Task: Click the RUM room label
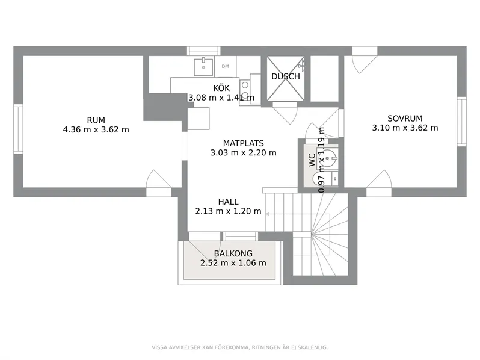tap(96, 120)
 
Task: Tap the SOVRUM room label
tap(405, 118)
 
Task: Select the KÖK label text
tap(221, 88)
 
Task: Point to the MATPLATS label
tap(244, 143)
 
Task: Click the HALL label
tap(228, 202)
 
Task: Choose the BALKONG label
tap(233, 253)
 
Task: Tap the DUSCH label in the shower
tap(286, 76)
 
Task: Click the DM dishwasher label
tap(225, 66)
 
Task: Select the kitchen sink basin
tap(203, 67)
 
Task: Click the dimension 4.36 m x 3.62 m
tap(96, 129)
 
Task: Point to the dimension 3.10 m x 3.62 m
tap(405, 128)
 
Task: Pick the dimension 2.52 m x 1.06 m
tap(233, 263)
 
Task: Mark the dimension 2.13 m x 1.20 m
tap(228, 211)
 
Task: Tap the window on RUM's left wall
tap(18, 129)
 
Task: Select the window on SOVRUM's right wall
tap(461, 122)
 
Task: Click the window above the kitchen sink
tap(203, 51)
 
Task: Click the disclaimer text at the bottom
tap(239, 347)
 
